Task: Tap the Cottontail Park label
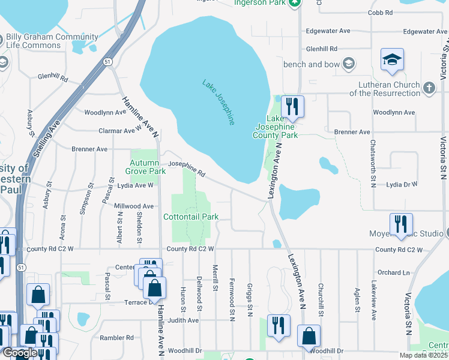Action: tap(191, 217)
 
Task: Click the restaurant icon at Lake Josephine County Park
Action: tap(292, 107)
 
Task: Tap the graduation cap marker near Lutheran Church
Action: tap(392, 60)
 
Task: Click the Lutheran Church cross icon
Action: tap(429, 88)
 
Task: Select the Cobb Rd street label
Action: tap(381, 12)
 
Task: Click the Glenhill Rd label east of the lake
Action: tap(322, 49)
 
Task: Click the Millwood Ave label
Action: tap(134, 206)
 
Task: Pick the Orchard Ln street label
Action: tap(393, 272)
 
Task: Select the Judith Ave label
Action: tap(183, 320)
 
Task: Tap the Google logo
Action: tap(19, 353)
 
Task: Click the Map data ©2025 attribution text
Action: tap(423, 355)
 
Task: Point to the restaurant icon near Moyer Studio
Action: tap(401, 224)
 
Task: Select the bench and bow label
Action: tap(315, 64)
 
